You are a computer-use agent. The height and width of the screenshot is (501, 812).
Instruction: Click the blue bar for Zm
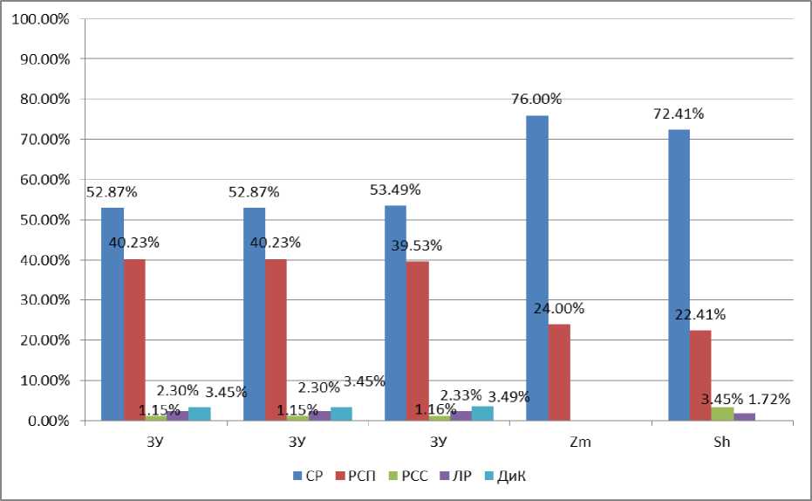click(x=537, y=268)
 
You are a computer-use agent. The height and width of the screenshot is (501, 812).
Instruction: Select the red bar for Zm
click(x=560, y=373)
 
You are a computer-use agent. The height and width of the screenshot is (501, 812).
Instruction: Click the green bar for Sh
click(x=723, y=414)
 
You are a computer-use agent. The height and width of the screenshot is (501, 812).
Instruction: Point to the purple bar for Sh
click(x=744, y=417)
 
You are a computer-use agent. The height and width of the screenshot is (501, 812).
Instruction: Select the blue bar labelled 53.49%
click(x=395, y=313)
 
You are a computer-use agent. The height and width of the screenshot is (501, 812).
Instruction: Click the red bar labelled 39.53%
click(x=418, y=341)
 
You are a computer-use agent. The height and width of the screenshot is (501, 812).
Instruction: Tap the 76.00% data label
click(x=537, y=100)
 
